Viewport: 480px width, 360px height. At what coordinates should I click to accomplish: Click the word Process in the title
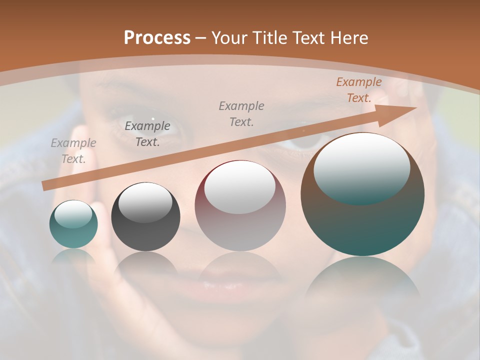tap(157, 37)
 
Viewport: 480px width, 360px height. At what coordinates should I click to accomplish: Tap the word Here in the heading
tap(348, 38)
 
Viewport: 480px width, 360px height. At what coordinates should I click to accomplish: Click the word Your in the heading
tap(229, 38)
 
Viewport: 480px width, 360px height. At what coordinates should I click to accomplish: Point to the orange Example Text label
tap(358, 90)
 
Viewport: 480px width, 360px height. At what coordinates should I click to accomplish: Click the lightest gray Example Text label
tap(73, 151)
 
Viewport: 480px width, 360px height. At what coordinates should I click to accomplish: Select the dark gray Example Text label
tap(147, 134)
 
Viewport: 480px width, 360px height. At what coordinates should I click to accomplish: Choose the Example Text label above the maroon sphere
tap(241, 114)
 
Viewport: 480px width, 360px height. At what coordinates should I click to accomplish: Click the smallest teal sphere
tap(73, 224)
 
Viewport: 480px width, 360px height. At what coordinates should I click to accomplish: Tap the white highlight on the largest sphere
tap(362, 167)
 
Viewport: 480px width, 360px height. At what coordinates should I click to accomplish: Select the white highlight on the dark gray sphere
tap(145, 202)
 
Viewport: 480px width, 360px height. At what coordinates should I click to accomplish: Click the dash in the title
tap(201, 38)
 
